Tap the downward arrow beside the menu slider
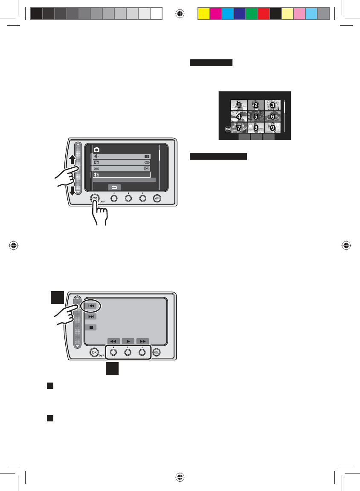(73, 190)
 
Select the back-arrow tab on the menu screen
(114, 187)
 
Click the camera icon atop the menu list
(96, 150)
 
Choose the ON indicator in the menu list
(147, 168)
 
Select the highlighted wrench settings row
(122, 175)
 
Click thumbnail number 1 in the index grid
(239, 105)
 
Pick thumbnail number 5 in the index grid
(255, 116)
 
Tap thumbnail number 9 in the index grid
(272, 127)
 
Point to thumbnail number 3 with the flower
(272, 105)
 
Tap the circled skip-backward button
(90, 306)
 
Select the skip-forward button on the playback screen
(90, 317)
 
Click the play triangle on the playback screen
(128, 341)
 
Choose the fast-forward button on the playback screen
(142, 341)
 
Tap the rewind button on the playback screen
(113, 341)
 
